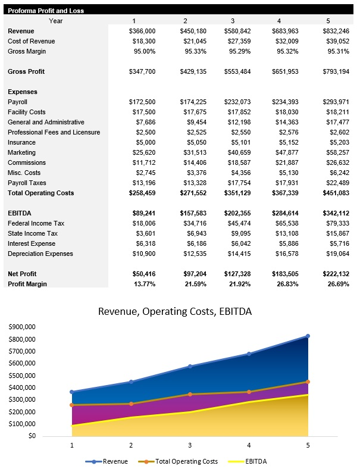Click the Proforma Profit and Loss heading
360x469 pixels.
pyautogui.click(x=46, y=11)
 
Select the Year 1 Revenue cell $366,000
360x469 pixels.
pyautogui.click(x=142, y=31)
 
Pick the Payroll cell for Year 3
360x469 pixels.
pyautogui.click(x=237, y=102)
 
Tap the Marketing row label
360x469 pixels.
pyautogui.click(x=22, y=152)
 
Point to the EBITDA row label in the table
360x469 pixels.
pyautogui.click(x=20, y=213)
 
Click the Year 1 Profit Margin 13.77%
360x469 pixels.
pyautogui.click(x=143, y=284)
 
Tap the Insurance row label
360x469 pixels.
pyautogui.click(x=22, y=142)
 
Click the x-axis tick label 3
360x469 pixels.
pyautogui.click(x=190, y=445)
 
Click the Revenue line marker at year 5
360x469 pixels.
pyautogui.click(x=308, y=336)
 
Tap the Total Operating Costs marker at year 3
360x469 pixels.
pyautogui.click(x=190, y=394)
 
